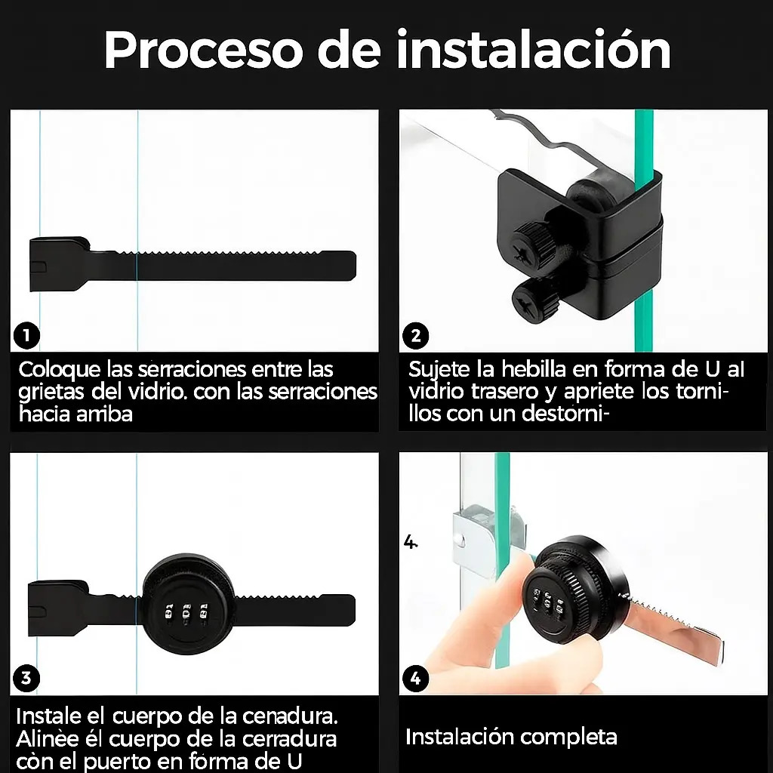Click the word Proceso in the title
click(x=202, y=51)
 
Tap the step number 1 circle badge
click(x=26, y=336)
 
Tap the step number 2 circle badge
click(x=416, y=336)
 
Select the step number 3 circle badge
click(x=26, y=679)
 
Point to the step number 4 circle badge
click(x=416, y=679)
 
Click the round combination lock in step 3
click(x=189, y=605)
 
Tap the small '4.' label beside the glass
click(x=410, y=542)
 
